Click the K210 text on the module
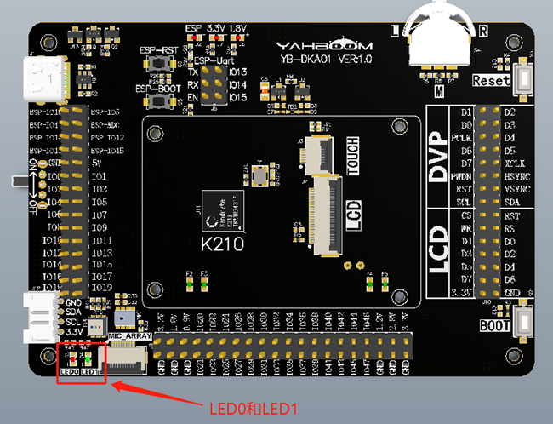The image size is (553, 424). [x=224, y=245]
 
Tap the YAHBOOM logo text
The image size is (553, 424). [x=313, y=45]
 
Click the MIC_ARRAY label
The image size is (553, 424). [x=132, y=337]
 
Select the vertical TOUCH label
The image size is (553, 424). [x=352, y=156]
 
